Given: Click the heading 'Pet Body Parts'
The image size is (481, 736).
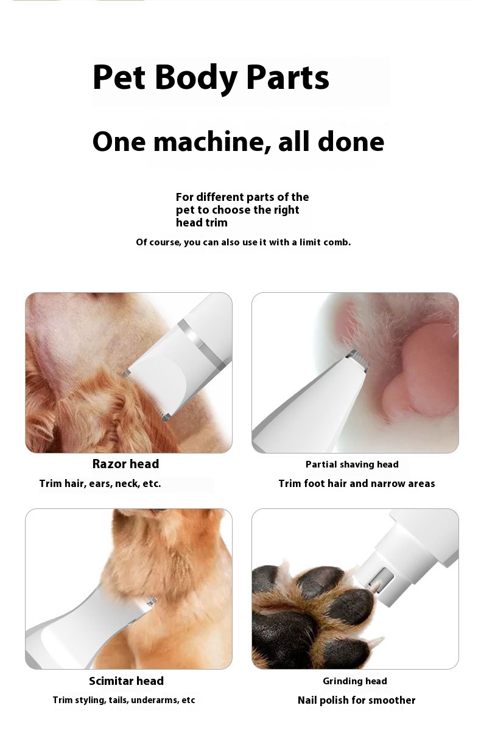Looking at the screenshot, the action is click(211, 77).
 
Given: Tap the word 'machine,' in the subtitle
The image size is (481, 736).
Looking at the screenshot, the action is click(212, 141).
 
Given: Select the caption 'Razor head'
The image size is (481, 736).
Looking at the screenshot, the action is click(125, 464).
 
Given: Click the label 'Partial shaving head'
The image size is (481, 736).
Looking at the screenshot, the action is click(352, 464).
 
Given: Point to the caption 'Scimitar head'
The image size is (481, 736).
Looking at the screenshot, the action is click(126, 681).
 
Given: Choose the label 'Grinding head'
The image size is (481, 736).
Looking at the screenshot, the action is click(355, 681).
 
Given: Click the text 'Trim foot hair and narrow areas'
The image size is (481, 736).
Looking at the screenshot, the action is click(357, 483).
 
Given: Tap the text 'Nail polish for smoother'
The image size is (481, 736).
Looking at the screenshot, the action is click(356, 700).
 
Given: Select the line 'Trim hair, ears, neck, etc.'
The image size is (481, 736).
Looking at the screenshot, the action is click(100, 483).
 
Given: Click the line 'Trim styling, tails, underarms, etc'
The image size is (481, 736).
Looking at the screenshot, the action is click(124, 700).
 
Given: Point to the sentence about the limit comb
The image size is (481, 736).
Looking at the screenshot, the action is click(244, 242).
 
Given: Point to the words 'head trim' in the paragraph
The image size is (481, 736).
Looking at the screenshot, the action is click(202, 222).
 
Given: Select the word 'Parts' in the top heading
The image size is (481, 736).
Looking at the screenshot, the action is click(287, 77).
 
